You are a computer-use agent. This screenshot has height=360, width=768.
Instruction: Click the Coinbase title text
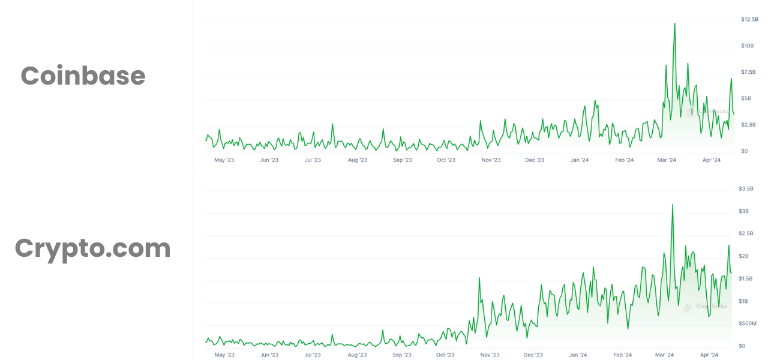pyautogui.click(x=83, y=76)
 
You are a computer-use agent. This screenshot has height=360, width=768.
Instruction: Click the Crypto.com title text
pyautogui.click(x=92, y=248)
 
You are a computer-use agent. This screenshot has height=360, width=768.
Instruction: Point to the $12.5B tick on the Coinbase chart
pyautogui.click(x=749, y=20)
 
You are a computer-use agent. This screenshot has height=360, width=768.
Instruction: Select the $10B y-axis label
pyautogui.click(x=747, y=46)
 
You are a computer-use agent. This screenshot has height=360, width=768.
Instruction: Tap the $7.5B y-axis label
pyautogui.click(x=748, y=72)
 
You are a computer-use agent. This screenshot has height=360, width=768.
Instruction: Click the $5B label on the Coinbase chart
pyautogui.click(x=746, y=98)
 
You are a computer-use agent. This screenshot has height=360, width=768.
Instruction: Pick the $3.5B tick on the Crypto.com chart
pyautogui.click(x=746, y=188)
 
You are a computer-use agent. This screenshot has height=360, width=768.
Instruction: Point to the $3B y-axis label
pyautogui.click(x=743, y=211)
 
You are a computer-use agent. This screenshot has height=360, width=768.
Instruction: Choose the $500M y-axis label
pyautogui.click(x=747, y=323)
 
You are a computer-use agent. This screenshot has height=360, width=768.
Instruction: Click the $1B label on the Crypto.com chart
pyautogui.click(x=743, y=301)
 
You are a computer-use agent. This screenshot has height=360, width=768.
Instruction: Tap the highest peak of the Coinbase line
pyautogui.click(x=674, y=24)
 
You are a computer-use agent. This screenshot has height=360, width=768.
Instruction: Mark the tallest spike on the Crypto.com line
pyautogui.click(x=672, y=205)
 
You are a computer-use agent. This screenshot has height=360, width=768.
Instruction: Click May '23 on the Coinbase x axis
pyautogui.click(x=224, y=160)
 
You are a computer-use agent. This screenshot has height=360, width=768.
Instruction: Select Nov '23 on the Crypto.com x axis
pyautogui.click(x=490, y=355)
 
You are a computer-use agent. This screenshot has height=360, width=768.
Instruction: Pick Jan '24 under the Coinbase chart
pyautogui.click(x=579, y=160)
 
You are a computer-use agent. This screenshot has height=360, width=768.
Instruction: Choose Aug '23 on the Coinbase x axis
pyautogui.click(x=357, y=160)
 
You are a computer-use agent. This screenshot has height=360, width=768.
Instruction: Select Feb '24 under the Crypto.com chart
pyautogui.click(x=623, y=355)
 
